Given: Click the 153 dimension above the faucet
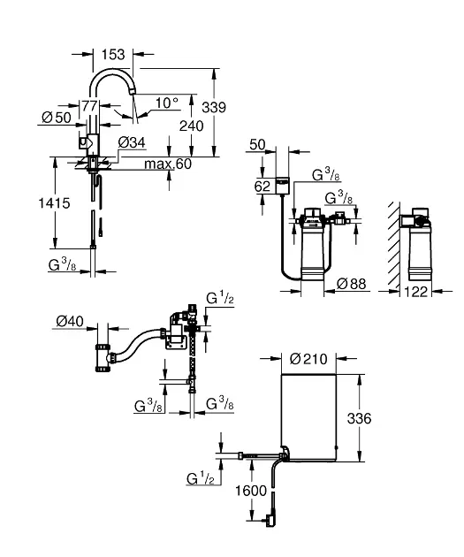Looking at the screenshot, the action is [113, 55].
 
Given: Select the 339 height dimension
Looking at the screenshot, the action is [214, 107].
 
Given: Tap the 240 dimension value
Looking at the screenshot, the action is [192, 126].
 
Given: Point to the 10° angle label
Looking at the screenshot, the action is [167, 103].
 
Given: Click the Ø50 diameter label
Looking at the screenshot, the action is [57, 118].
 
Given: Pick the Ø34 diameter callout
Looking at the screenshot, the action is [132, 142].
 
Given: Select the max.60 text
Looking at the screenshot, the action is [168, 164].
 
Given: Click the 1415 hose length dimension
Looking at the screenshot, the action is [54, 203].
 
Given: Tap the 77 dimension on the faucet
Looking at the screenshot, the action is [89, 105].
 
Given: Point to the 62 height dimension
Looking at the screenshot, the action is [262, 187].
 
